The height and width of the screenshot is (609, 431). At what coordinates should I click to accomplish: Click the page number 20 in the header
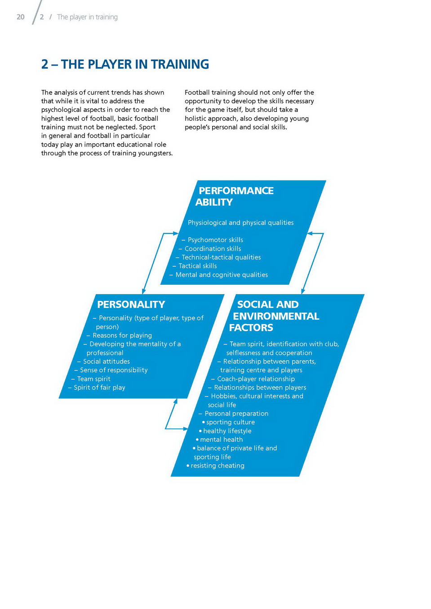[20, 17]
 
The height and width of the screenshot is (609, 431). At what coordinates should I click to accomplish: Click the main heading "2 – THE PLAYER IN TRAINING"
[125, 64]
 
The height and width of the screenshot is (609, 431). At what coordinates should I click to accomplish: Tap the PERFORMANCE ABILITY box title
[235, 196]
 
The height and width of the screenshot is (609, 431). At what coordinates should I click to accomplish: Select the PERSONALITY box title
[131, 304]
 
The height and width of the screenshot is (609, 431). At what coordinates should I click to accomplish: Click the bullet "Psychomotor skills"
[215, 240]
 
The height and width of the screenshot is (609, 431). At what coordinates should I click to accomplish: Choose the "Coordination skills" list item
[212, 248]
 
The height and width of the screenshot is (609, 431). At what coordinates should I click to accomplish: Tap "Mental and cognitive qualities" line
[221, 274]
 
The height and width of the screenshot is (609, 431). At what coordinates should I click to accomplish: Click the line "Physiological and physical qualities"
[240, 222]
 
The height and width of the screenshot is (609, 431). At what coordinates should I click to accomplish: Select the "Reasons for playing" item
[122, 335]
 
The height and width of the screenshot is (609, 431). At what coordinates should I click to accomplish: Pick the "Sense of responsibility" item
[113, 370]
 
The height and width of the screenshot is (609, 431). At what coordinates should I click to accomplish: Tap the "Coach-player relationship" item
[256, 379]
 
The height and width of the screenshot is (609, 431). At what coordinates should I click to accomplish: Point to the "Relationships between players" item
[260, 387]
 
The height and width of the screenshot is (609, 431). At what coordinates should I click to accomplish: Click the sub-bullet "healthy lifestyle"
[227, 431]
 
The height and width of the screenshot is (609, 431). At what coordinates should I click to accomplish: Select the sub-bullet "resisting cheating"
[217, 465]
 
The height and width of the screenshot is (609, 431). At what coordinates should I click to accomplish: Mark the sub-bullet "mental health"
[221, 439]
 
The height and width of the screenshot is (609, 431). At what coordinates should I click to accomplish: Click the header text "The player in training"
[87, 17]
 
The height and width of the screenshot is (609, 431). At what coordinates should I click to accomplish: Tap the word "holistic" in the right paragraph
[197, 118]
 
